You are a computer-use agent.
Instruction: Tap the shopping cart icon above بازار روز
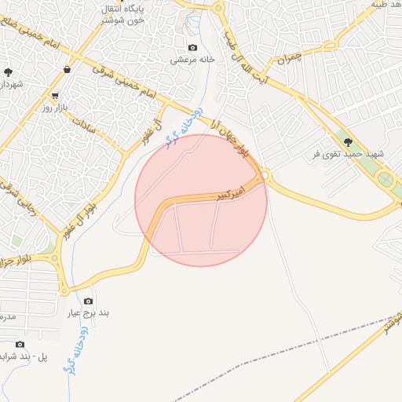56,94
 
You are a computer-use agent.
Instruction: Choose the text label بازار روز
57,106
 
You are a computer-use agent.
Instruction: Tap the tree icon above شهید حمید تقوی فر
349,142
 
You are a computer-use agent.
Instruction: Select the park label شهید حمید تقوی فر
348,154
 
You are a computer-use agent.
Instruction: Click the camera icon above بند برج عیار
88,301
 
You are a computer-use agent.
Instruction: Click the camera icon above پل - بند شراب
19,344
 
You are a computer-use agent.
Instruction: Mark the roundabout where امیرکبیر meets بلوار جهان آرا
265,175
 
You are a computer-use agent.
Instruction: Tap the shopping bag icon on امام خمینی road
67,69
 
